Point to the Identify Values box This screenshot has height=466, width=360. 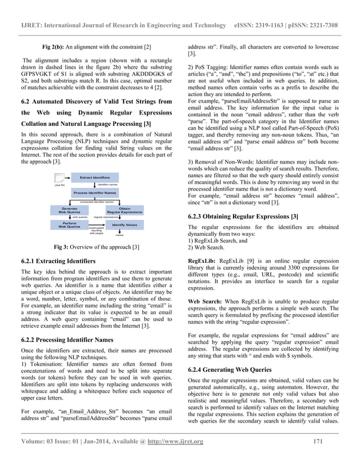(124, 225)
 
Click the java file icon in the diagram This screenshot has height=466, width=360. (59, 184)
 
